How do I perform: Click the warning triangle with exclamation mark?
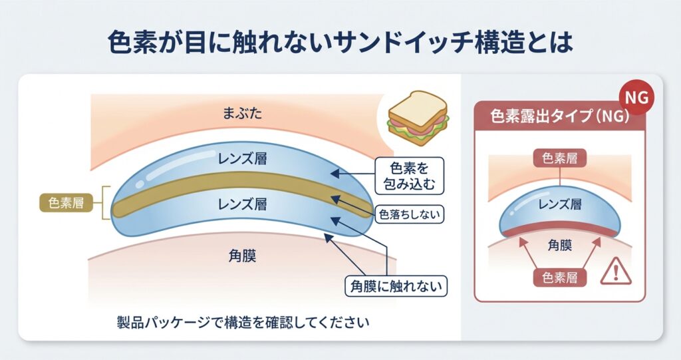click(615, 273)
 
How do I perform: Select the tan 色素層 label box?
click(66, 203)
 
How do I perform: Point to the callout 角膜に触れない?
click(398, 285)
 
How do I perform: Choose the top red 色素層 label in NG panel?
click(559, 158)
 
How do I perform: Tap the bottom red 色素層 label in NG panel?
click(559, 277)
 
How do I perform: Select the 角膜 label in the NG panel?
click(559, 244)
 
